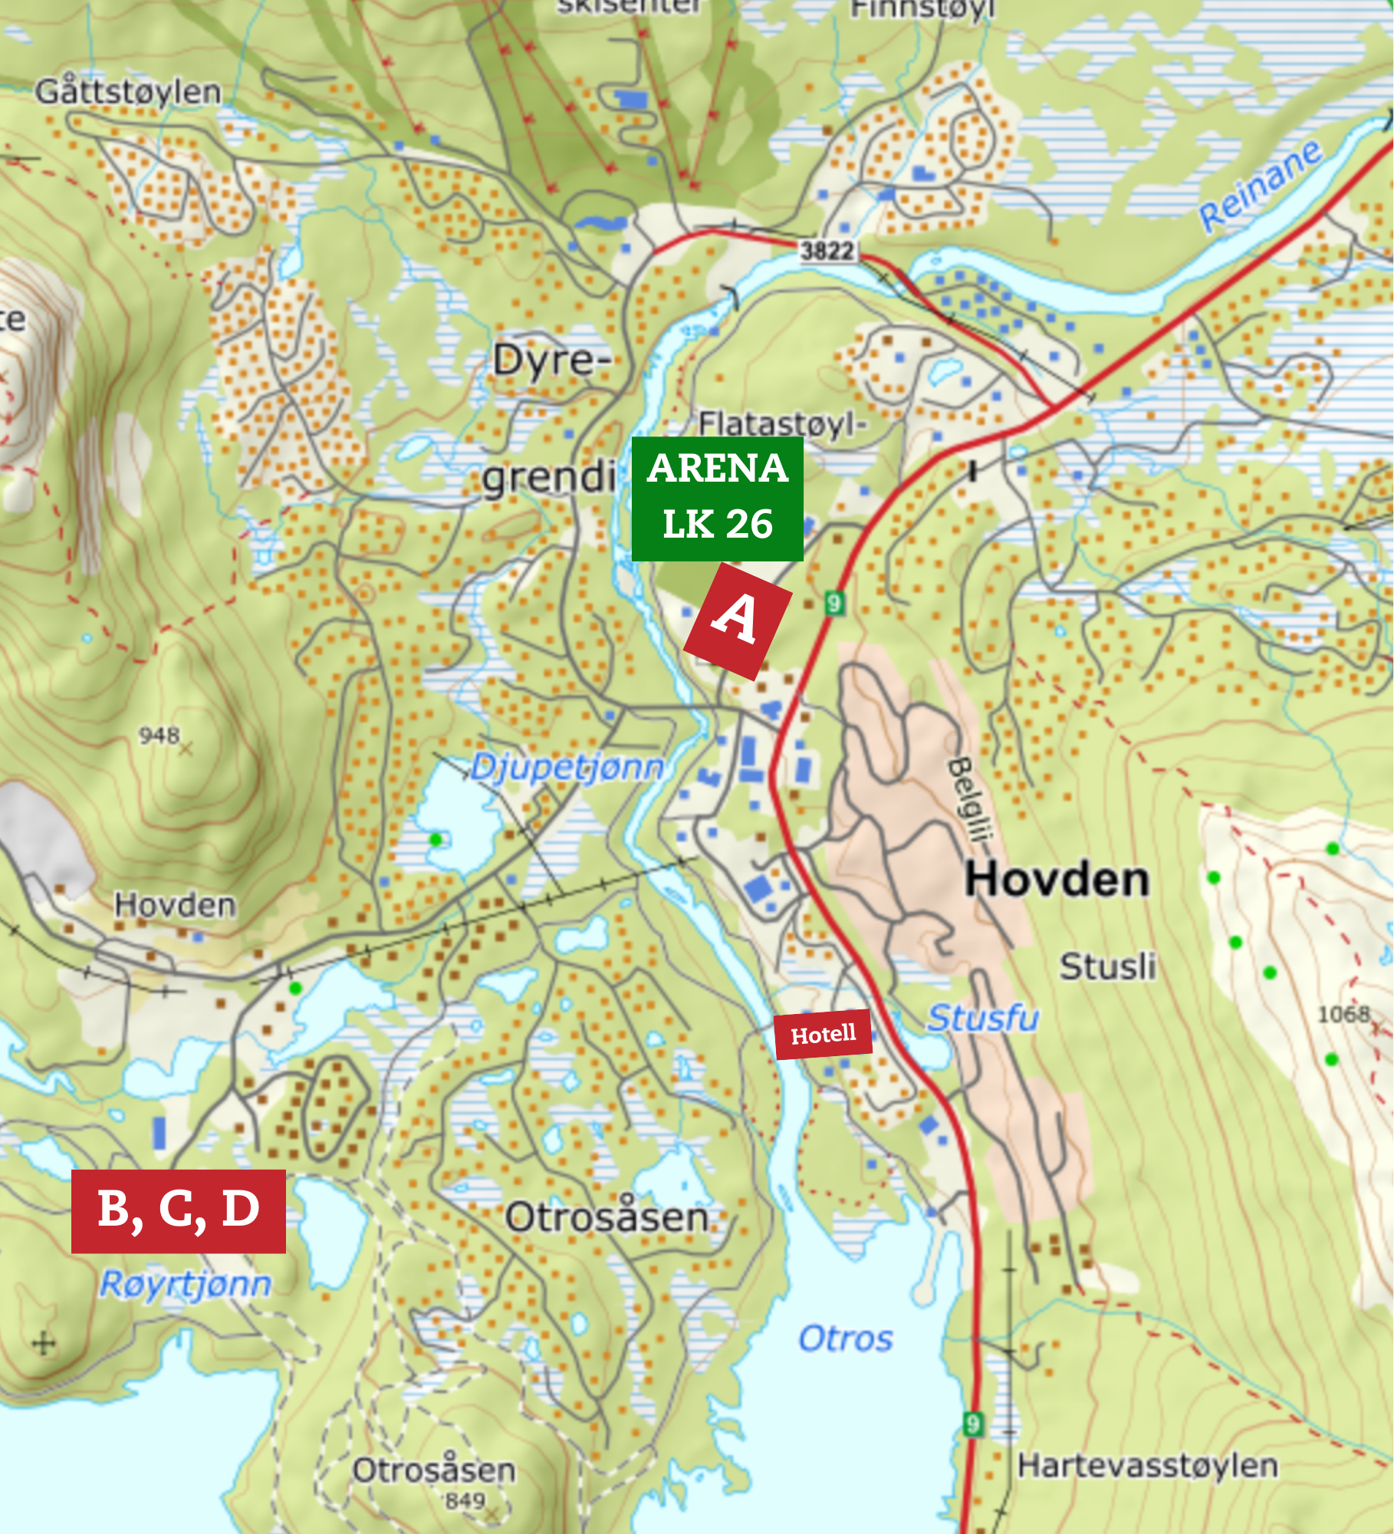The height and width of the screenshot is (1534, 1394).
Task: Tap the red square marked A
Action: [737, 621]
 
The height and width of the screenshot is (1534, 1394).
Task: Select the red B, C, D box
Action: [179, 1211]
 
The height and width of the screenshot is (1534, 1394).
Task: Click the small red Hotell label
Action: [823, 1035]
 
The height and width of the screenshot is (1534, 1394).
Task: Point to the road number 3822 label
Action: [827, 251]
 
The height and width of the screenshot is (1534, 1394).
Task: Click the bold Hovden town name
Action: [1057, 880]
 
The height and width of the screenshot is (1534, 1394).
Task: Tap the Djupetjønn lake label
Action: [567, 767]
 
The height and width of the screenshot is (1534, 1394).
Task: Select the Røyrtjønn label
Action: [186, 1284]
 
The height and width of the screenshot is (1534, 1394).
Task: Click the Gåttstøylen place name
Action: [128, 92]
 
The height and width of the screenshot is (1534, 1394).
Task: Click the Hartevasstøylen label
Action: [1147, 1466]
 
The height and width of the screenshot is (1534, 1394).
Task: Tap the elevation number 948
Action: [159, 736]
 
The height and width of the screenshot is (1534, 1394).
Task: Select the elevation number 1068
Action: [1343, 1014]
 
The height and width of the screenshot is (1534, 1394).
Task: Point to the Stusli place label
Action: [1107, 966]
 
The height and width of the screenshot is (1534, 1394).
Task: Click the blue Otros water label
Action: [846, 1338]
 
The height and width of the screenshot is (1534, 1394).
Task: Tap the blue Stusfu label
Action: [983, 1018]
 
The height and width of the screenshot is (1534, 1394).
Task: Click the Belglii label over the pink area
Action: [971, 798]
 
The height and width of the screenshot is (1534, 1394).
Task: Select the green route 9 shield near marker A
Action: [834, 603]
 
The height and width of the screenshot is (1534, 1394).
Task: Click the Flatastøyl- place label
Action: [782, 423]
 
